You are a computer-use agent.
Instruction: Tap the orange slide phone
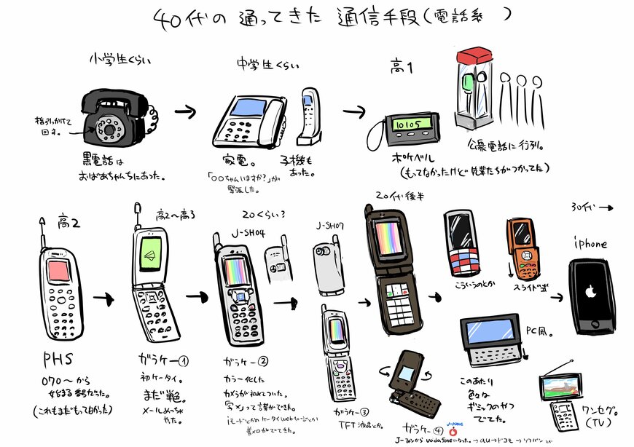[523, 249]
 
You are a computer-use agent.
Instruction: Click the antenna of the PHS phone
[43, 232]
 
